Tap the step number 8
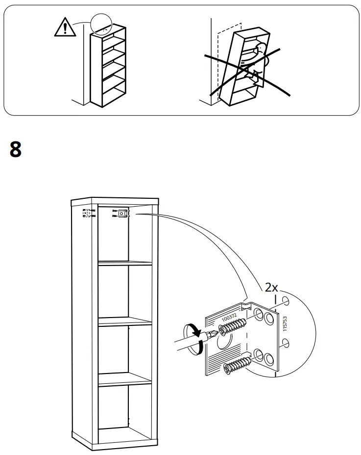16,149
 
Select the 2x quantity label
271,288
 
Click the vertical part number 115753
285,324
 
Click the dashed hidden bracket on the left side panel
88,214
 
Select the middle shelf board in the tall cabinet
125,323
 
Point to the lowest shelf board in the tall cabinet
125,381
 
